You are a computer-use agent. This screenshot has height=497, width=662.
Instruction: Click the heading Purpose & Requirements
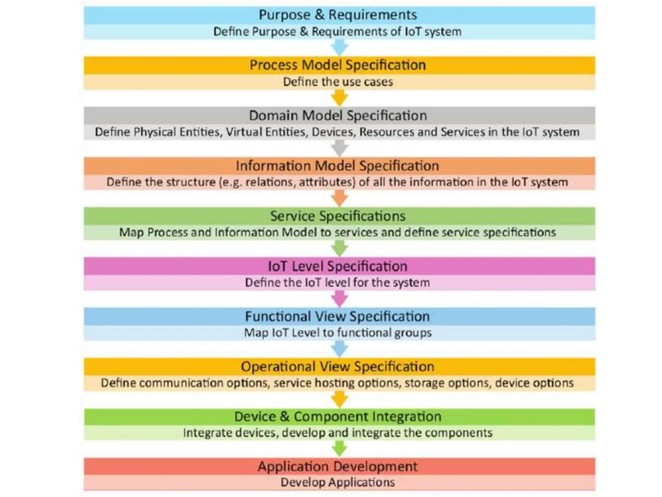[x=338, y=15]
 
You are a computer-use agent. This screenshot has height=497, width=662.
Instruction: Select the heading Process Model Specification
[x=338, y=65]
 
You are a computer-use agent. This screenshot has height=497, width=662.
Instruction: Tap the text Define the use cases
[x=338, y=82]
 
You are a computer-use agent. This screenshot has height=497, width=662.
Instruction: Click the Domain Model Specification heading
[x=338, y=116]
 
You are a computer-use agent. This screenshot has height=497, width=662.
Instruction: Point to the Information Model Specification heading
[x=337, y=166]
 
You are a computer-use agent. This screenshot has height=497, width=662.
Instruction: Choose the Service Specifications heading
[x=338, y=216]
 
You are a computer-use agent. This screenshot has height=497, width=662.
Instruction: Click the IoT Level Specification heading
[x=338, y=266]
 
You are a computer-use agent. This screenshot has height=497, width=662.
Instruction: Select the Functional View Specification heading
[x=337, y=316]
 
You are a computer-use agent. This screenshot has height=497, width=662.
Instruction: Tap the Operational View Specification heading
[x=337, y=367]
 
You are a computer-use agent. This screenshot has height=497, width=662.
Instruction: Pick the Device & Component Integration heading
[x=338, y=416]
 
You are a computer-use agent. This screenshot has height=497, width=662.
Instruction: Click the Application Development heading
[x=338, y=467]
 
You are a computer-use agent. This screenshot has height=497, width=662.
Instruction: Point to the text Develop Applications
[x=338, y=482]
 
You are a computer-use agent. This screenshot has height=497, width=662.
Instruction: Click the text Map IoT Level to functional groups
[x=338, y=333]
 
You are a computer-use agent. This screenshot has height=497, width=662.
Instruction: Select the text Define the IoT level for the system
[x=337, y=282]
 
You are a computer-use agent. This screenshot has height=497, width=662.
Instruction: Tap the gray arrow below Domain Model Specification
[x=339, y=149]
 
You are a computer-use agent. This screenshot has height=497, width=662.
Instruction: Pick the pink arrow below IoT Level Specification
[x=339, y=299]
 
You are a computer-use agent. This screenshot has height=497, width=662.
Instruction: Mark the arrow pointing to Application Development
[x=339, y=449]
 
